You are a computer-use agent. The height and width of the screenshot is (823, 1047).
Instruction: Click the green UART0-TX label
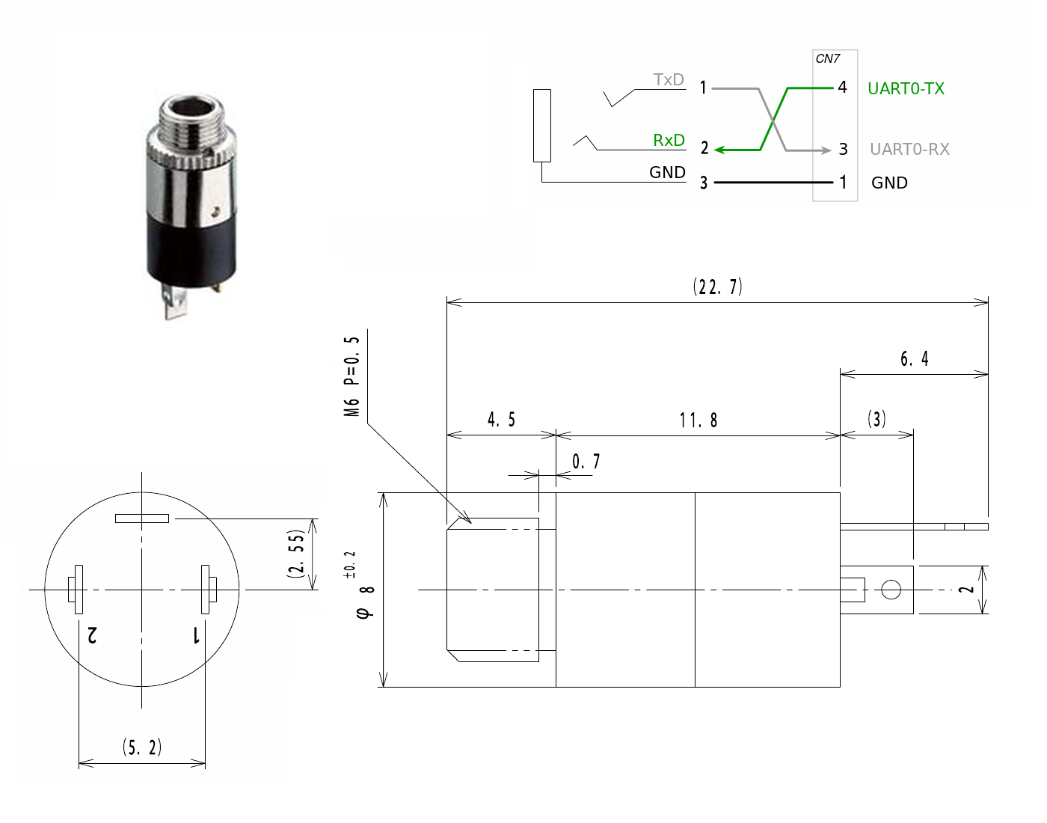click(x=906, y=89)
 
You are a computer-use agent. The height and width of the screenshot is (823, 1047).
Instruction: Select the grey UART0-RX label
click(x=909, y=150)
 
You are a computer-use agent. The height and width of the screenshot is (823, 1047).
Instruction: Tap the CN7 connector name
click(x=827, y=59)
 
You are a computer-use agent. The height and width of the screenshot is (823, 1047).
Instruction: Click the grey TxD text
click(x=669, y=79)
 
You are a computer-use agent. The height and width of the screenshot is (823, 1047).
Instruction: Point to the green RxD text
click(x=669, y=140)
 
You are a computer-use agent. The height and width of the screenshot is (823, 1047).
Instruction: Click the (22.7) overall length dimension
click(x=717, y=287)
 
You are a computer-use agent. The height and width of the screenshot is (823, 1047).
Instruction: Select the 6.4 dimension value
click(x=914, y=358)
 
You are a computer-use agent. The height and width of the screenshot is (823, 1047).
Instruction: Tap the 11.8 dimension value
click(x=698, y=420)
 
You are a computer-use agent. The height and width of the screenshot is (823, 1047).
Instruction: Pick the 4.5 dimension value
click(x=501, y=419)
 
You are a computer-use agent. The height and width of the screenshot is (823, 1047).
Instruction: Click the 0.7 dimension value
click(x=586, y=461)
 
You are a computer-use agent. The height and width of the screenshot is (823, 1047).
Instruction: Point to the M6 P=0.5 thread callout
click(x=351, y=376)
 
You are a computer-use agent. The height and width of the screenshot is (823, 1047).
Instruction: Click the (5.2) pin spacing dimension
click(x=141, y=747)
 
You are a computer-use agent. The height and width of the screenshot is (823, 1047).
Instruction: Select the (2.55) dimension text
click(x=296, y=554)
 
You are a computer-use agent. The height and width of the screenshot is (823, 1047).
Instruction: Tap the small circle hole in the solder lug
click(x=891, y=590)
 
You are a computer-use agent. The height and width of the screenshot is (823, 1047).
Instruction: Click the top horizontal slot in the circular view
click(x=141, y=518)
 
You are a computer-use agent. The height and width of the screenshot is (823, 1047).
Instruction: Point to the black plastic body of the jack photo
click(x=191, y=251)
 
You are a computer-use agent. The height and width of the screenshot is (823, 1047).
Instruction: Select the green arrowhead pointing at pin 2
click(x=719, y=150)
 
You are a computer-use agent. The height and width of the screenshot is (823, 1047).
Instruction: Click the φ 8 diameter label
click(x=365, y=602)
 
